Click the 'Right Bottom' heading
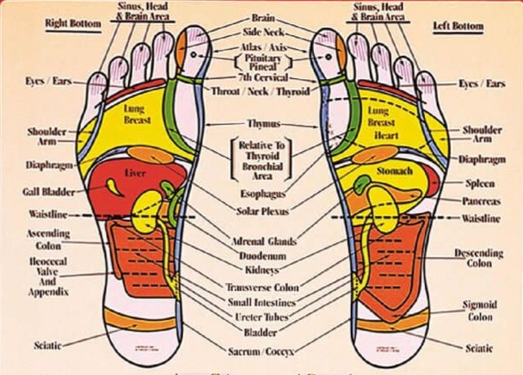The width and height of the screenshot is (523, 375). (x=68, y=24)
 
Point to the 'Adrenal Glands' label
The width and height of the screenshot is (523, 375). (x=263, y=242)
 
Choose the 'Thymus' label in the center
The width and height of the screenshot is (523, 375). (x=262, y=124)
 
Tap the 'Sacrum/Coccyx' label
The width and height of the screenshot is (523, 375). (x=261, y=352)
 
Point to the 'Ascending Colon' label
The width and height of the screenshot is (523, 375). (x=43, y=239)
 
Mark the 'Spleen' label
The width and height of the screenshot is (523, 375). (x=479, y=183)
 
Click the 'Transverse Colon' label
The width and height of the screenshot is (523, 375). (x=262, y=287)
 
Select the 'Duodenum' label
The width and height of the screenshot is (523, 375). (x=263, y=256)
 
